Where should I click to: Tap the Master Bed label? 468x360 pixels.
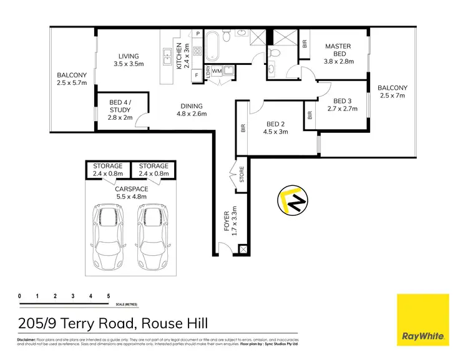[x=339, y=54]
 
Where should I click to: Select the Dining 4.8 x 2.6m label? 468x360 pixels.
[x=191, y=110]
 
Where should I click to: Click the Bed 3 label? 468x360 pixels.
[x=342, y=105]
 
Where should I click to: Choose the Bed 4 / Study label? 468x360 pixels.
[x=120, y=110]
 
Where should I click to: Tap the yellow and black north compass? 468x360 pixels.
[x=292, y=201]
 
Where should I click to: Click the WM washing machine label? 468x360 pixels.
[x=217, y=72]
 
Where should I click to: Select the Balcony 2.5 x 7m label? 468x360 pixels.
[x=392, y=92]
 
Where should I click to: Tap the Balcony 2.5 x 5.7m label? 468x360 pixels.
[x=72, y=79]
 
